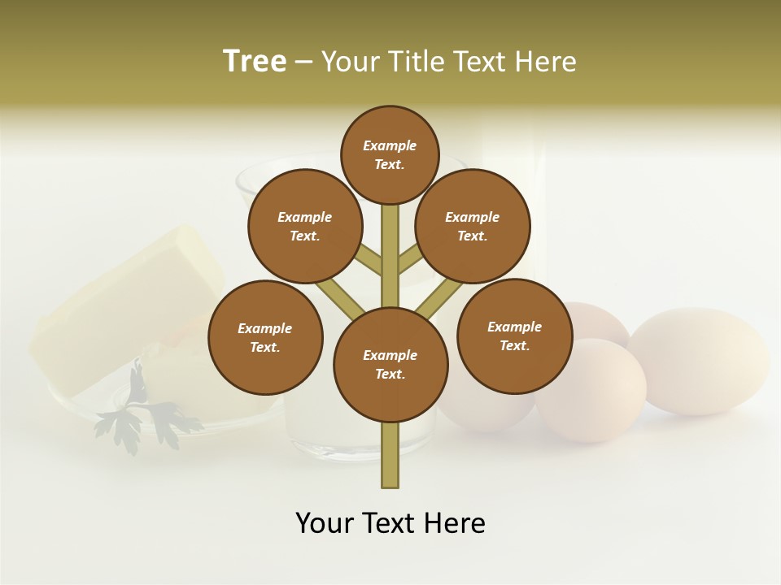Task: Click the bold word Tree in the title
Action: point(255,61)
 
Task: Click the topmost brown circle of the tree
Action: point(390,154)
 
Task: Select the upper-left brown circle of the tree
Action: point(305,226)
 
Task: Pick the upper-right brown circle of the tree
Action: point(473,226)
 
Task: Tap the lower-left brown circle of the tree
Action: point(265,337)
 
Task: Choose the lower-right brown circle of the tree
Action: point(514,336)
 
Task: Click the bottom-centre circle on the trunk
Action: point(390,364)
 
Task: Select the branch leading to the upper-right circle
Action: point(408,262)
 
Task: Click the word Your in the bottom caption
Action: point(323,523)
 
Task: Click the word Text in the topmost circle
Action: point(388,164)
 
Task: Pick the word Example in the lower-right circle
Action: point(514,327)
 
